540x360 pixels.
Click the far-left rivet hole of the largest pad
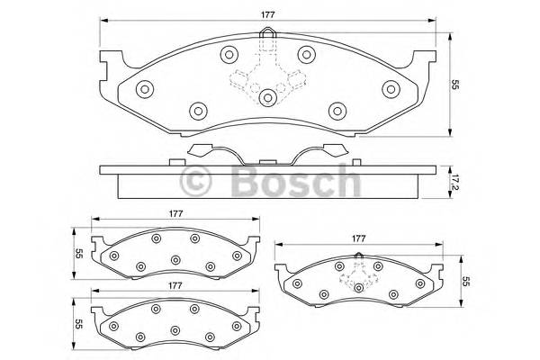pos(145,88)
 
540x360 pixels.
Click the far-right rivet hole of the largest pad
pos(391,88)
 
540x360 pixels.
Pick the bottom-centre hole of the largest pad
pos(268,98)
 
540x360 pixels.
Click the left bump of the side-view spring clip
pos(202,149)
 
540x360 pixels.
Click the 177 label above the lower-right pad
pos(358,239)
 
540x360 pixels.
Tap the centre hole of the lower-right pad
pos(358,287)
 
